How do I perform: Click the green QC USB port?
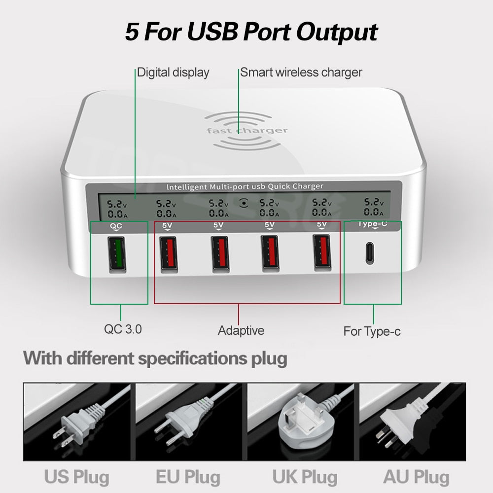coord(117,254)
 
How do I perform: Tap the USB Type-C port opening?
coord(370,253)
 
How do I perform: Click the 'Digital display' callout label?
coord(173,72)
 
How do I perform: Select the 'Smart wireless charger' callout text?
coord(301,72)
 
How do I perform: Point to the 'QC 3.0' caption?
coord(123,329)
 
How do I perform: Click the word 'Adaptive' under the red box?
coord(241,331)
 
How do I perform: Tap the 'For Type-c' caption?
coord(372,331)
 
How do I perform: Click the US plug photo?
coord(77,422)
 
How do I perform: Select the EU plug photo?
coord(189,422)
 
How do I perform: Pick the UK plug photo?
coord(301,422)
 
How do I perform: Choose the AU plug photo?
coord(413,422)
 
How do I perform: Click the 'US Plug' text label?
coord(77,477)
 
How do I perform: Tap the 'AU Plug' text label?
coord(416,477)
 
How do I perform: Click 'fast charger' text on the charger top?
coord(247,131)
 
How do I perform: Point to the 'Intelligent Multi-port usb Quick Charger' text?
coord(245,187)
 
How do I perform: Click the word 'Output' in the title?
coord(337,32)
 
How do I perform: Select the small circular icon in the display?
coord(244,203)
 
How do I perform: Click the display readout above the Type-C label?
coord(374,207)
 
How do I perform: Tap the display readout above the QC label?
coord(117,209)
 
